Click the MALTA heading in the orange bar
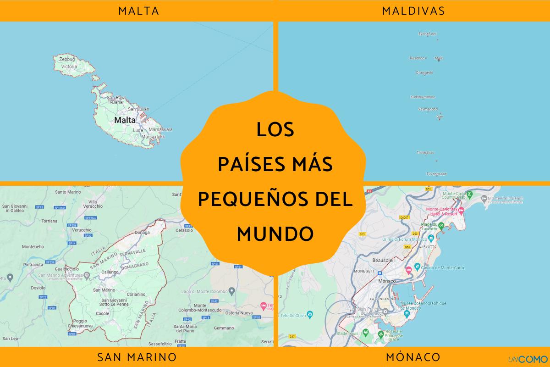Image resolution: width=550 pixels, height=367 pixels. tap(138, 11)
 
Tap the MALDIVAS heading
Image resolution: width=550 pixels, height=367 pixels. tap(413, 11)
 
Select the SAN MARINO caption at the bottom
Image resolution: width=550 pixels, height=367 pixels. tap(137, 356)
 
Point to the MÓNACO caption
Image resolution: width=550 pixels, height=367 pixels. tap(413, 356)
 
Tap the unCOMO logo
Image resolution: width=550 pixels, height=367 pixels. tap(525, 358)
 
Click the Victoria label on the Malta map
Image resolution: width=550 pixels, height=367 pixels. tap(69, 67)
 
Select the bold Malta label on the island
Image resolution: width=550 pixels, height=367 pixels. tap(125, 120)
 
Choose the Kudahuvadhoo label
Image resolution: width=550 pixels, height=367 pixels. tap(423, 97)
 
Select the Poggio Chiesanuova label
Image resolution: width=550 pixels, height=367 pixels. tap(79, 323)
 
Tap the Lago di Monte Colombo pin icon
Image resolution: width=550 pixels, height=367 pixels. tap(232, 290)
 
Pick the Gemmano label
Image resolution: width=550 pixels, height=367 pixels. tap(224, 328)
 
